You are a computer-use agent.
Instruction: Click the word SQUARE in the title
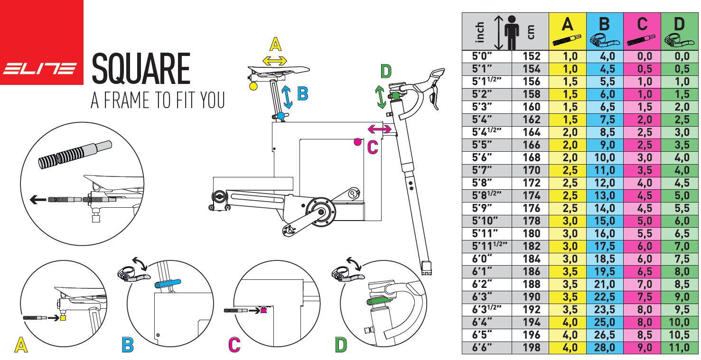(141, 69)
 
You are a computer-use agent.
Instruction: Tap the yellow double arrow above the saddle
(275, 60)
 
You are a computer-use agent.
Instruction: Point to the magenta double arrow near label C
(380, 129)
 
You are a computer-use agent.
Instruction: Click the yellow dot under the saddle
(253, 86)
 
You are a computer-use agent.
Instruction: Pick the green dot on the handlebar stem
(396, 96)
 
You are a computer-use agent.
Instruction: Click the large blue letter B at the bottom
(128, 345)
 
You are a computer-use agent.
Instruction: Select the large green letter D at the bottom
(341, 345)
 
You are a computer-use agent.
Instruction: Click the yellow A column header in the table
(567, 31)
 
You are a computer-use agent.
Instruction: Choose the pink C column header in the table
(642, 31)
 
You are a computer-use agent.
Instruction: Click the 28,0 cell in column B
(604, 348)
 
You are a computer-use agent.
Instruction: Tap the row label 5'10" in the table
(486, 221)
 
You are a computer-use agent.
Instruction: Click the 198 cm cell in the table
(531, 348)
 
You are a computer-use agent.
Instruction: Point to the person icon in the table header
(511, 31)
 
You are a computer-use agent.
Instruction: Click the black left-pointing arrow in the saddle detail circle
(38, 199)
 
